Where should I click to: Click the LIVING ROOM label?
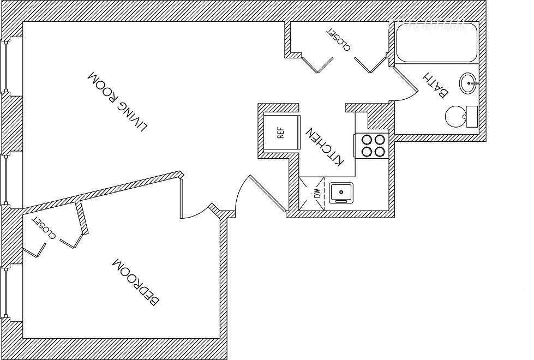click(x=118, y=101)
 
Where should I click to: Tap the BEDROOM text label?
click(x=136, y=281)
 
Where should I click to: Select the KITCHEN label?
click(x=325, y=147)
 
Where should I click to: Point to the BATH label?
click(x=436, y=85)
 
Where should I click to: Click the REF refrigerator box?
click(x=281, y=133)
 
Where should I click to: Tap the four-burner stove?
click(x=373, y=145)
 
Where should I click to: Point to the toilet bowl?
click(x=455, y=116)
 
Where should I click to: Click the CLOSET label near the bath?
click(x=338, y=39)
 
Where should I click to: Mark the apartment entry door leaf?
click(x=267, y=194)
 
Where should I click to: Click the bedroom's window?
click(x=6, y=295)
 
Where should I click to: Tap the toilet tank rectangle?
click(x=472, y=116)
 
